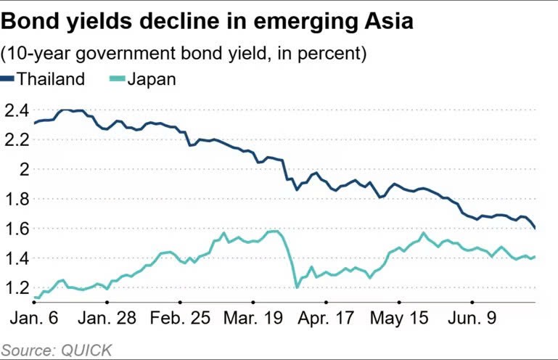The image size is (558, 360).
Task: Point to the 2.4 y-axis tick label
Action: click(17, 110)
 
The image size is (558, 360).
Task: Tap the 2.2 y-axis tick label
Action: click(17, 140)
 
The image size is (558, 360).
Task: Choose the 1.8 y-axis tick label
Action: click(17, 199)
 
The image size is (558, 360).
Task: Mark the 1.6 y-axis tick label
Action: click(17, 229)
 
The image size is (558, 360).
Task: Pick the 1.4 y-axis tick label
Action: click(17, 258)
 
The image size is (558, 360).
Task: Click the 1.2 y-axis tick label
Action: click(17, 288)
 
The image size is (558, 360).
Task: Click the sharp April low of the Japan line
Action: click(297, 287)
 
